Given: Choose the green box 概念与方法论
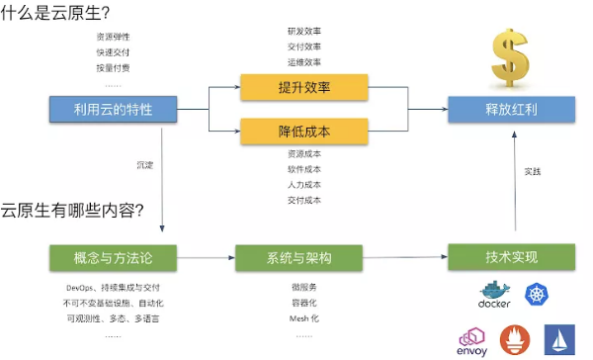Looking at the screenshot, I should click(x=113, y=258).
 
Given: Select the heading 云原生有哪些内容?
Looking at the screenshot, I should click(x=72, y=209).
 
